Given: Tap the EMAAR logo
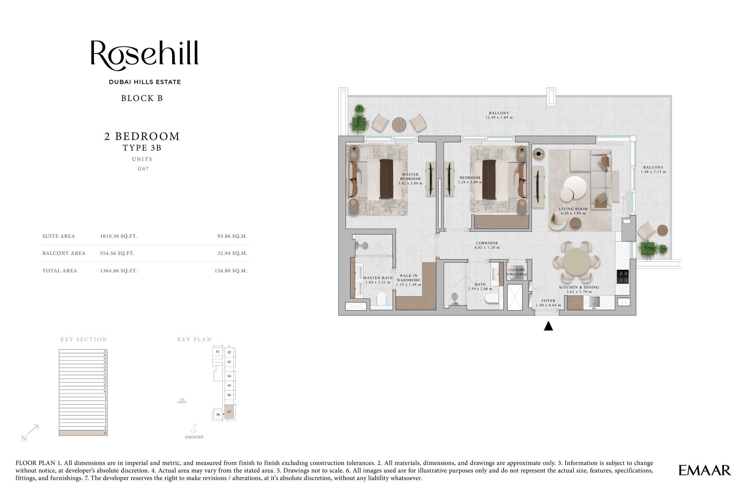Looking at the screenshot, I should point(704,471).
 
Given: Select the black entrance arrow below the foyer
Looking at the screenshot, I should point(548,326).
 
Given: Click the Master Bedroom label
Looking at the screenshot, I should point(410,179).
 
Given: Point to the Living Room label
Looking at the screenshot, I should point(573,211).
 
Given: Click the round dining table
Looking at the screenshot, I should point(577,262).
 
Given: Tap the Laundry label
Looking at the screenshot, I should point(517,272).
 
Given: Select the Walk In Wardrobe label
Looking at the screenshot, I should point(408,280).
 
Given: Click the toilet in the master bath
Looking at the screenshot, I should point(382,299).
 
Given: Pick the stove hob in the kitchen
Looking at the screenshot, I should point(623,277).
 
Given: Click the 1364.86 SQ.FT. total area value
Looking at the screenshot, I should point(118,271).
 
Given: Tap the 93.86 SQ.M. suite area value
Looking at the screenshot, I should point(232,236).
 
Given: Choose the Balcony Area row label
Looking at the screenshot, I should point(64,253).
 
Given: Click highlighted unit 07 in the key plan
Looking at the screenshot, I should point(229,412).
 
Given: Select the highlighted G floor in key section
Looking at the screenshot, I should point(83,433).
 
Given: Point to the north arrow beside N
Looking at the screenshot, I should point(33,429).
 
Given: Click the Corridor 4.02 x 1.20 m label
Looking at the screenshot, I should point(487,245).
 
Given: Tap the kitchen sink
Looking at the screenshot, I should point(595,302).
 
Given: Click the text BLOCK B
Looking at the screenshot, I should point(142,98).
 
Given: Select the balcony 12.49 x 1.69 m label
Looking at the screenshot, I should point(499,115).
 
